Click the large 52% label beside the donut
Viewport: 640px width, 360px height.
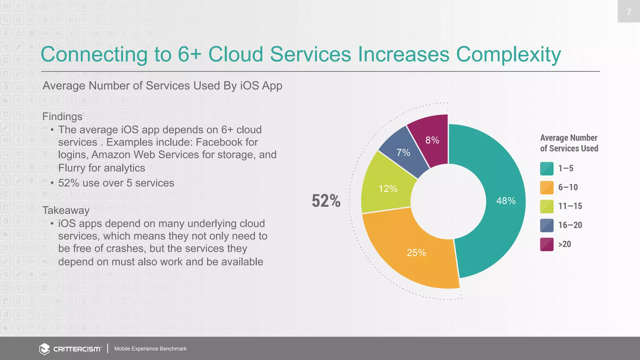[326, 201]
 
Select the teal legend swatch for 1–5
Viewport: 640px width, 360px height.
[547, 168]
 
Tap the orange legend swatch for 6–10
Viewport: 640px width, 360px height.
[547, 187]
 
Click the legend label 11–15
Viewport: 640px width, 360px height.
[570, 206]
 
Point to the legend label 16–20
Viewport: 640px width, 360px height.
[570, 225]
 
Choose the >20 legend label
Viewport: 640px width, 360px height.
[564, 244]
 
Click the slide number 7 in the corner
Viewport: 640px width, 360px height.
[629, 12]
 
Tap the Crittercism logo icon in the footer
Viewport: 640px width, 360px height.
[44, 349]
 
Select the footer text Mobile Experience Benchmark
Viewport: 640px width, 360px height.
[150, 349]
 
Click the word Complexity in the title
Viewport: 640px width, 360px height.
[508, 54]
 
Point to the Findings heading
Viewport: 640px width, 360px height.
[62, 117]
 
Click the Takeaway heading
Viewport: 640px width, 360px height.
[66, 210]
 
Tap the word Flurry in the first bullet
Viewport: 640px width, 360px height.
[72, 168]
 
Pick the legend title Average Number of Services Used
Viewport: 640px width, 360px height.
[569, 143]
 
